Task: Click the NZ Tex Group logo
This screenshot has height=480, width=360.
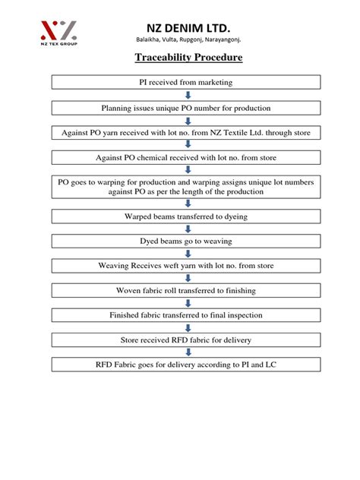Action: coord(58,31)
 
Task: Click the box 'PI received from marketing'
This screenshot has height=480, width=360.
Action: coord(186,81)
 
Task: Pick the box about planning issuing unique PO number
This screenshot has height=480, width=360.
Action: coord(186,107)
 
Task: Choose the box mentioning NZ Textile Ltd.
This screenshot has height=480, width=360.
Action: coord(186,133)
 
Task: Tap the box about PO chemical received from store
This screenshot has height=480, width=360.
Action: coord(186,159)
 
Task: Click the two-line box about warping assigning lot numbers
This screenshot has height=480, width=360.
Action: coord(186,187)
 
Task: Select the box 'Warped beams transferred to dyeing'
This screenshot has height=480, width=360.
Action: coord(186,216)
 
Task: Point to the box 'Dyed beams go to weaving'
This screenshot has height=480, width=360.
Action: coord(186,242)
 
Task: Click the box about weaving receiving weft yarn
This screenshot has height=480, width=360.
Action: coord(186,267)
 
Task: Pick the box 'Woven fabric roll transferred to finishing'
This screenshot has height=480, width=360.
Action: coord(186,291)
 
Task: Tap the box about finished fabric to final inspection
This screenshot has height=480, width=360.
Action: coord(186,316)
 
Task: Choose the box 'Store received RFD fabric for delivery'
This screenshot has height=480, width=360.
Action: coord(186,340)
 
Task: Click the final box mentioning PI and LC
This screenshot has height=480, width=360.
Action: coord(186,365)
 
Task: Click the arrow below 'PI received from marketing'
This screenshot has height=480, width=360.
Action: coord(187,94)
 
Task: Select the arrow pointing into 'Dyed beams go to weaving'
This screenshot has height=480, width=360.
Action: coord(187,229)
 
